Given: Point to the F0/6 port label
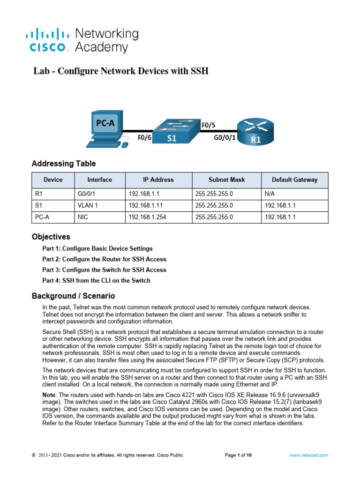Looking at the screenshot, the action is (144, 138).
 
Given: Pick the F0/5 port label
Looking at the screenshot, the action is (209, 125).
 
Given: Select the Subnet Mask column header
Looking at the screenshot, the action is (226, 180).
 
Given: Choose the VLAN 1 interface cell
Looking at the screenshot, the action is (88, 205).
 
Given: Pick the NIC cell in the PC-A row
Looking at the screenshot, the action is (82, 217).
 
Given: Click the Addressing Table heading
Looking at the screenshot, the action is (63, 164).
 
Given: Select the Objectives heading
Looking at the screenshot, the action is (51, 237).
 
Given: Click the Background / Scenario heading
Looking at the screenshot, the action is (73, 296).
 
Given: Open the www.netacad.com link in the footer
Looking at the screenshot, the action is (308, 455).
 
